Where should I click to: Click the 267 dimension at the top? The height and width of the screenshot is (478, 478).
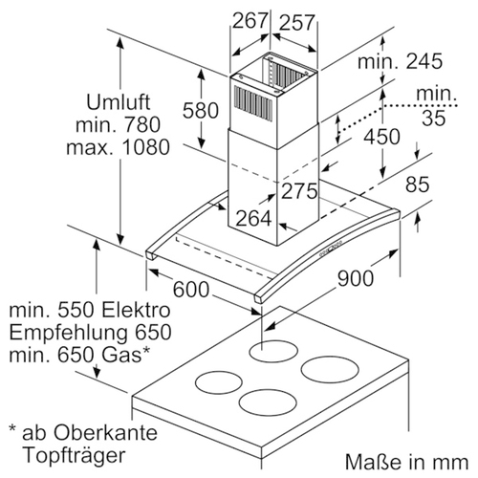pos(250,21)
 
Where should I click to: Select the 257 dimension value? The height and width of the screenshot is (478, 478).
pos(297,23)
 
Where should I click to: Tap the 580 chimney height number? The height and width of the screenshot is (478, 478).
pos(201,111)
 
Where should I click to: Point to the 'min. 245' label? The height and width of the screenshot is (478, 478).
pos(400,61)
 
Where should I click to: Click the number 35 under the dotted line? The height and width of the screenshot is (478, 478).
pos(434,118)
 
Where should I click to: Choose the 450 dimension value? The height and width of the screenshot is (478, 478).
pos(382,137)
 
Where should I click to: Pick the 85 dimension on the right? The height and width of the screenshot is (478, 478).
pos(418,185)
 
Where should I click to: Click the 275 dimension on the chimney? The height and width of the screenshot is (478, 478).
pos(299,191)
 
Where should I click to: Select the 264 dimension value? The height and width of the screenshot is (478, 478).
pos(254,219)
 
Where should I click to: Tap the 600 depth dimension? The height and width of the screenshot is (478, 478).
pos(191,290)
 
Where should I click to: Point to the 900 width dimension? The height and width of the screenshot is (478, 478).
pos(356,278)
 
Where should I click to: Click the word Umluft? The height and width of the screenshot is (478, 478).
pos(119,102)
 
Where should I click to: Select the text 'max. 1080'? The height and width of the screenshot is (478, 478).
pos(118,147)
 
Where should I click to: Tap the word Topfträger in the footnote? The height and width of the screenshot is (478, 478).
pos(75,456)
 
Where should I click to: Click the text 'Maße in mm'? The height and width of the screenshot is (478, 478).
pos(406,462)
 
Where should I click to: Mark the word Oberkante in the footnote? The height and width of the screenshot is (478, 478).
pos(105,433)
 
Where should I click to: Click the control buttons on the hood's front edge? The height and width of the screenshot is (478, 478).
pos(331,249)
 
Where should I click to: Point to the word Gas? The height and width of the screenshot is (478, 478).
pos(121,355)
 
